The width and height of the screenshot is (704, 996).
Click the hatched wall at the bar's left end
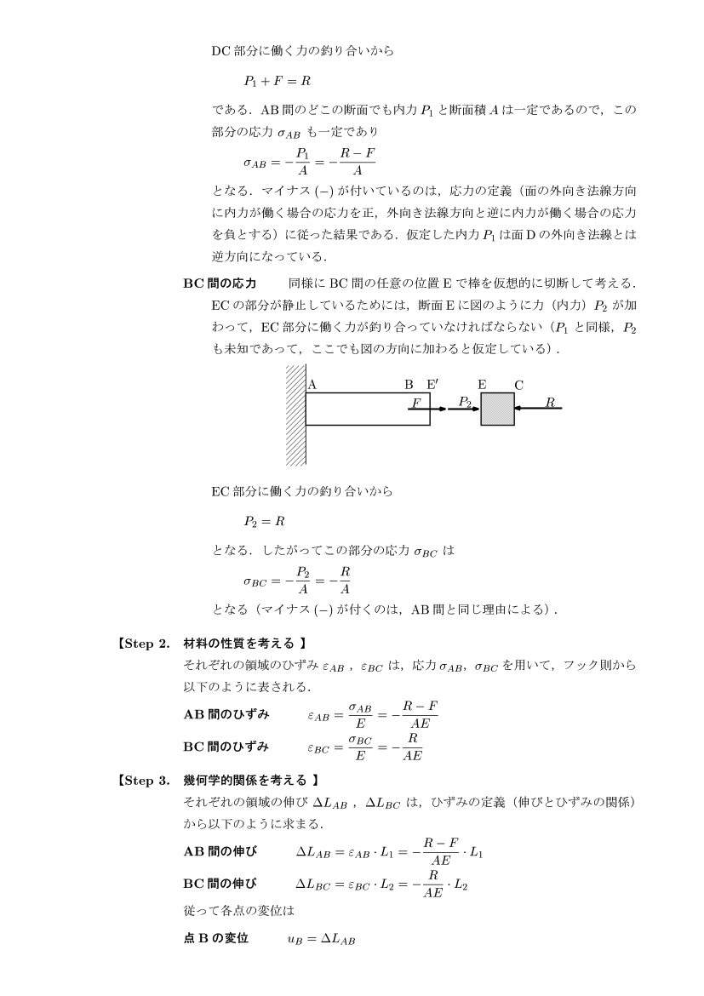295,415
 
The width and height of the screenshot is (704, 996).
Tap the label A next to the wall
312,384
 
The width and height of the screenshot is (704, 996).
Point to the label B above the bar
409,384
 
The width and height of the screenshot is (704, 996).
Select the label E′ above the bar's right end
433,384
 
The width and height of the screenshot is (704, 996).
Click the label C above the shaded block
518,385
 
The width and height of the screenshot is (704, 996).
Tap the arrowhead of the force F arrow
442,409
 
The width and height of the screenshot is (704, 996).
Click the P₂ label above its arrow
464,400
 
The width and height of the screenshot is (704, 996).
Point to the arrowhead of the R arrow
518,409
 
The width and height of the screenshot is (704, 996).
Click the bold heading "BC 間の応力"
220,283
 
